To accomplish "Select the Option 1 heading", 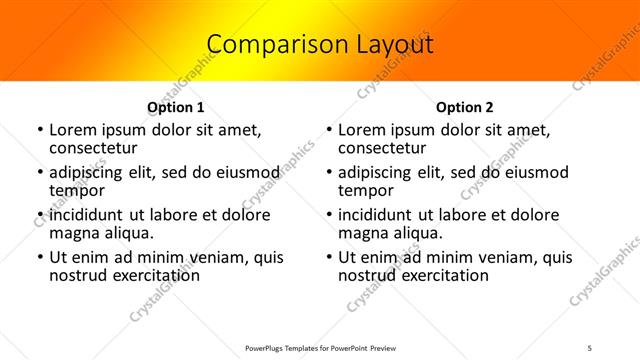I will pyautogui.click(x=175, y=107).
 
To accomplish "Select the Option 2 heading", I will pyautogui.click(x=465, y=107).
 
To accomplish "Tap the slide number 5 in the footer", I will pyautogui.click(x=590, y=347).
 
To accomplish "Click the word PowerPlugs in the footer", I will pyautogui.click(x=265, y=347).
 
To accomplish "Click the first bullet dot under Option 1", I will pyautogui.click(x=39, y=130).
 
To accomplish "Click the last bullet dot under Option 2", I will pyautogui.click(x=328, y=257).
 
